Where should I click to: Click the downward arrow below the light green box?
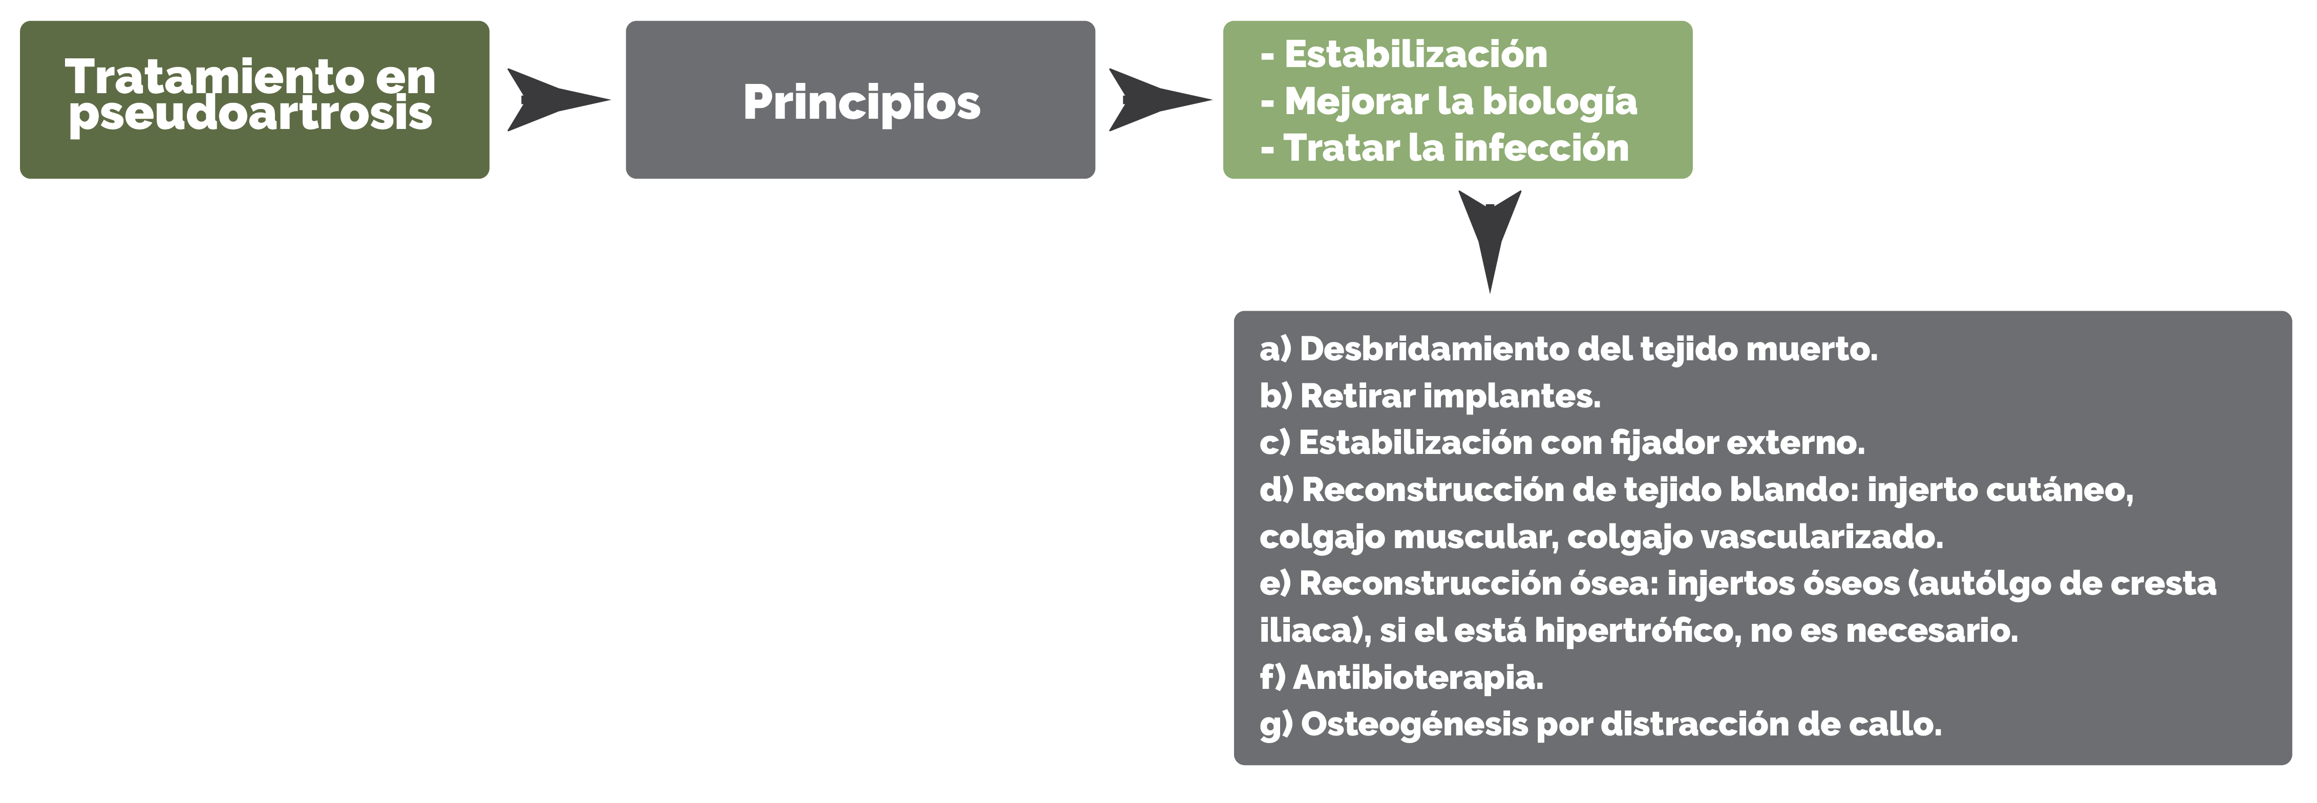point(1490,241)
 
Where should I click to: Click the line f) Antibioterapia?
point(1401,677)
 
